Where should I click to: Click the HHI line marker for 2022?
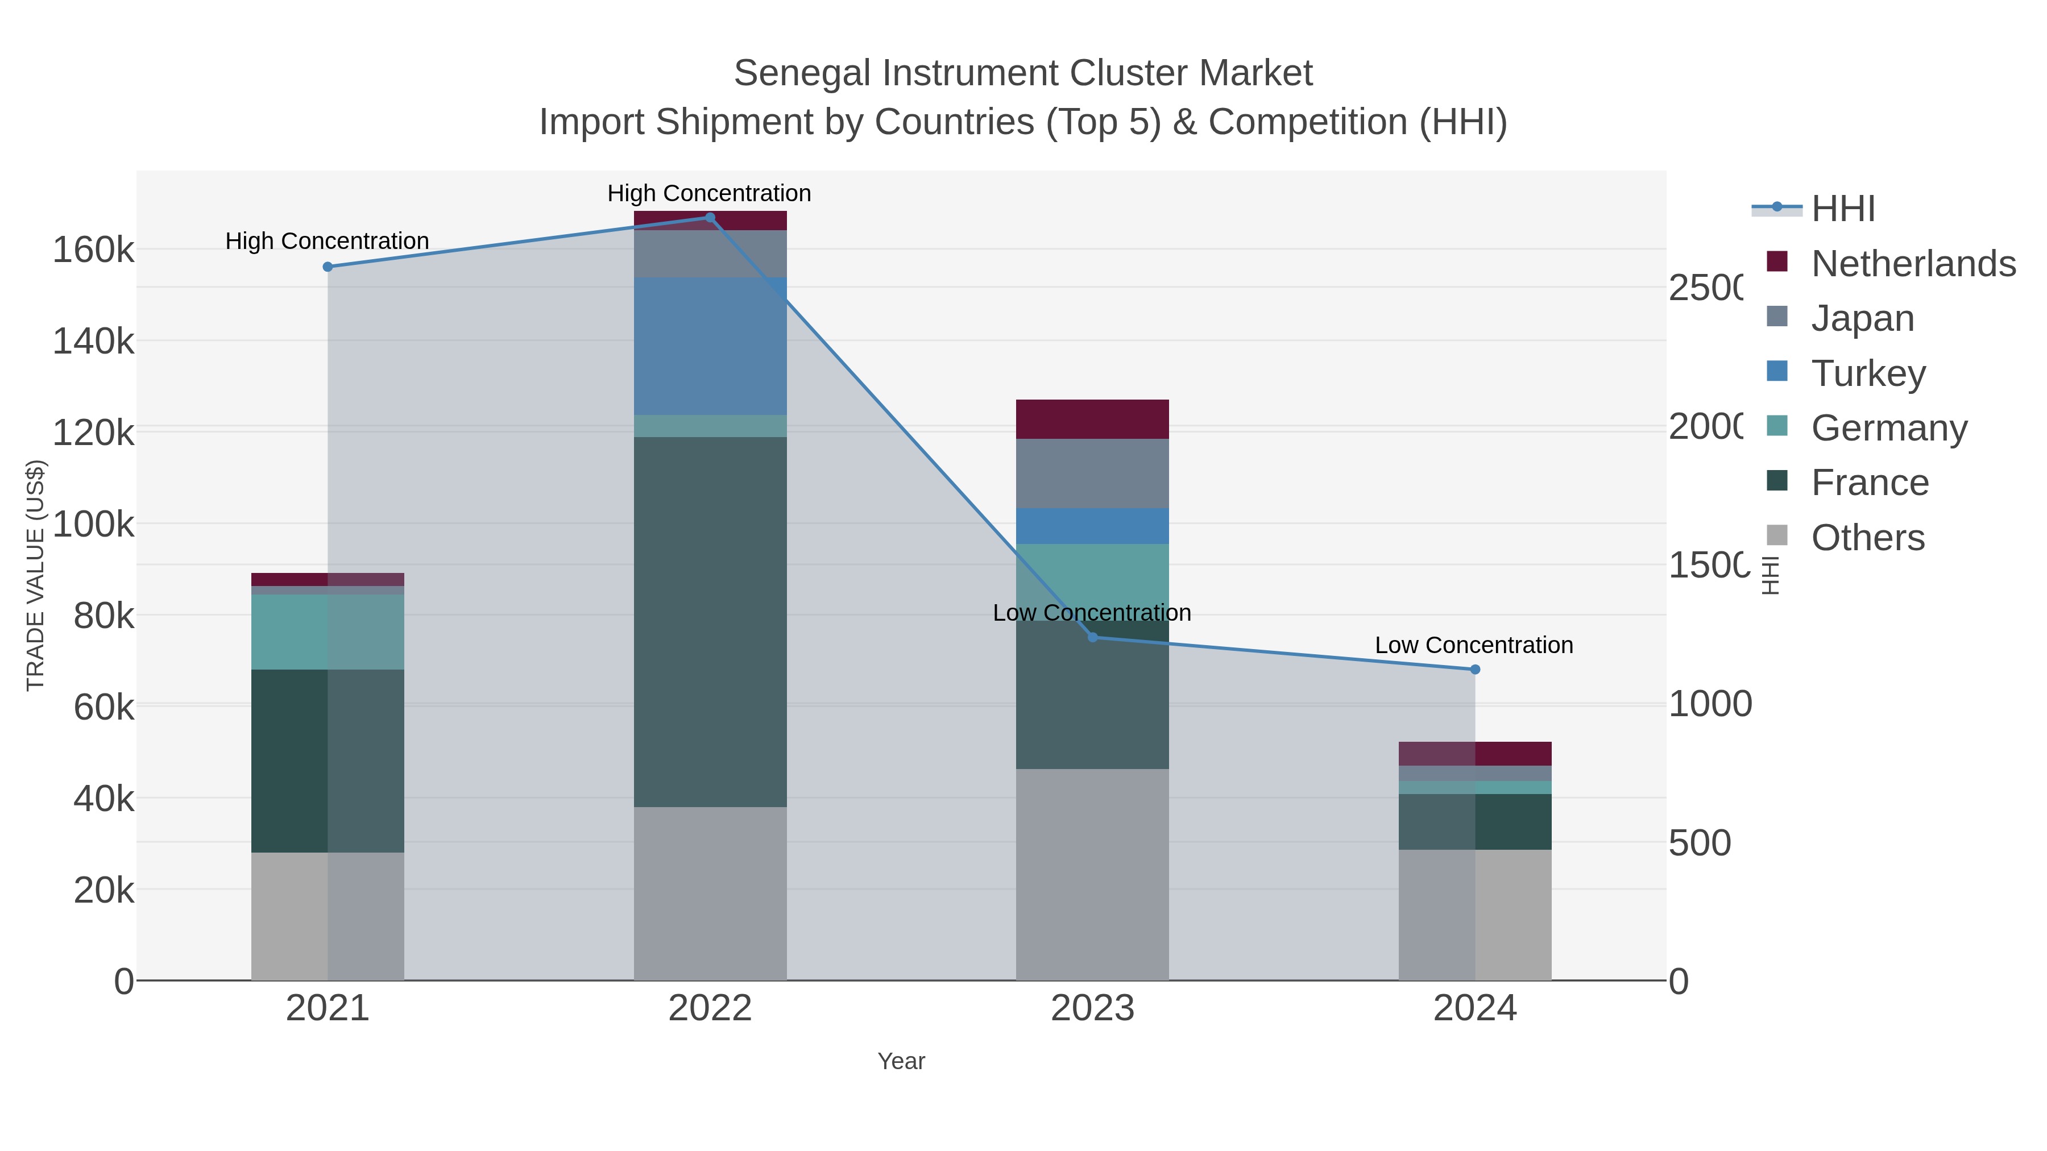click(710, 218)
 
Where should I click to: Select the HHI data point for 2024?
click(1475, 670)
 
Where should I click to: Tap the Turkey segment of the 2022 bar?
click(710, 346)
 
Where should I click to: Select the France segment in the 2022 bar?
click(710, 622)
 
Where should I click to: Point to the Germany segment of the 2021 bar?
click(328, 632)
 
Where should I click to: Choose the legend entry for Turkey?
click(1867, 373)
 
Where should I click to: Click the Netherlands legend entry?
click(1913, 264)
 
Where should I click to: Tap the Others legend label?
click(1867, 538)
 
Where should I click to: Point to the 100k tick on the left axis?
click(93, 524)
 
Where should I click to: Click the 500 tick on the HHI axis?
click(1699, 843)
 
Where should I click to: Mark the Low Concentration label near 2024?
click(1473, 645)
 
